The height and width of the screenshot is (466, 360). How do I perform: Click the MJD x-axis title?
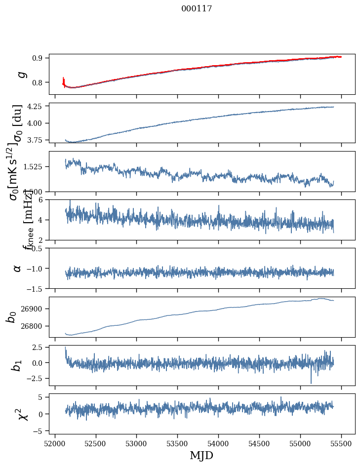coord(201,455)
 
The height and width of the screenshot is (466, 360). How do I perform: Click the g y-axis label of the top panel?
coord(21,74)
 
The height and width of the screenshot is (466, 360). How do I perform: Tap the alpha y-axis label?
coord(17,268)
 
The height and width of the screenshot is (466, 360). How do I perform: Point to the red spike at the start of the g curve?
coord(64,81)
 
